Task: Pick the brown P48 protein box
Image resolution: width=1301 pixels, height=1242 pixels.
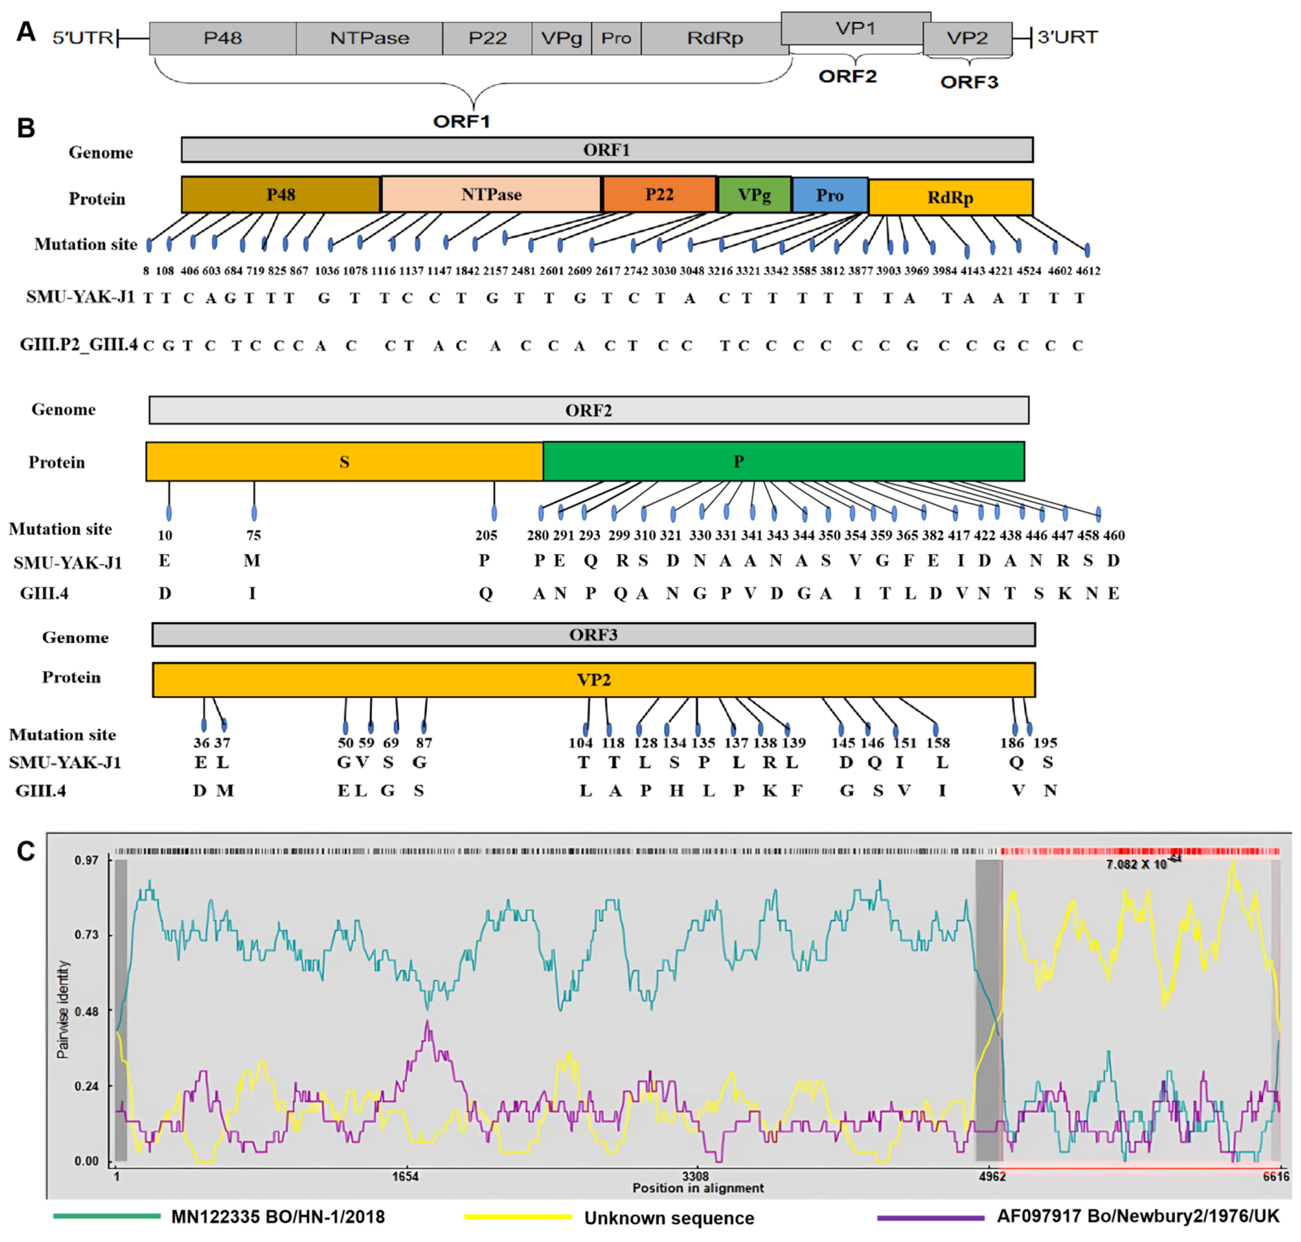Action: pos(281,195)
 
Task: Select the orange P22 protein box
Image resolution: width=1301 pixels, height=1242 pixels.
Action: pos(659,195)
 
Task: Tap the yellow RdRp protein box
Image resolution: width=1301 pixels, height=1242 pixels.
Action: pos(950,197)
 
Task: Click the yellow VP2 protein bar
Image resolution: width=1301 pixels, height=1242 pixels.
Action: pos(594,680)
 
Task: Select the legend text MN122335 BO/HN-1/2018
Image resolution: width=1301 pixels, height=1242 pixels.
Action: pos(278,1217)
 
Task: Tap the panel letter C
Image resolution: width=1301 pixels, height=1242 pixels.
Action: pos(26,851)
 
